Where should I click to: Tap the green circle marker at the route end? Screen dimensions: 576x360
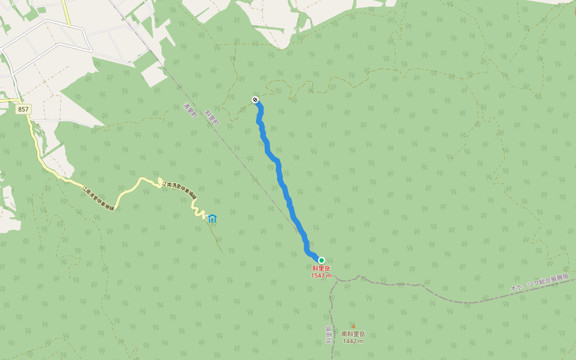pyautogui.click(x=321, y=260)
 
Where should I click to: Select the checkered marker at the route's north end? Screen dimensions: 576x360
pyautogui.click(x=256, y=100)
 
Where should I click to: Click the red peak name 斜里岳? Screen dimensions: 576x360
pyautogui.click(x=321, y=269)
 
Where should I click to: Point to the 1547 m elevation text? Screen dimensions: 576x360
pyautogui.click(x=321, y=276)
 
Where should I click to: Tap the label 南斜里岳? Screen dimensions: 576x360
pyautogui.click(x=353, y=334)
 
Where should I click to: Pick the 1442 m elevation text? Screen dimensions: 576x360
pyautogui.click(x=353, y=341)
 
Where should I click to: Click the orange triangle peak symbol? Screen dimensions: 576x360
pyautogui.click(x=353, y=326)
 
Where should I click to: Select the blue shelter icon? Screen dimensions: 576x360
pyautogui.click(x=213, y=219)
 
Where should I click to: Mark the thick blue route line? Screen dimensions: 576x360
pyautogui.click(x=280, y=174)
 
